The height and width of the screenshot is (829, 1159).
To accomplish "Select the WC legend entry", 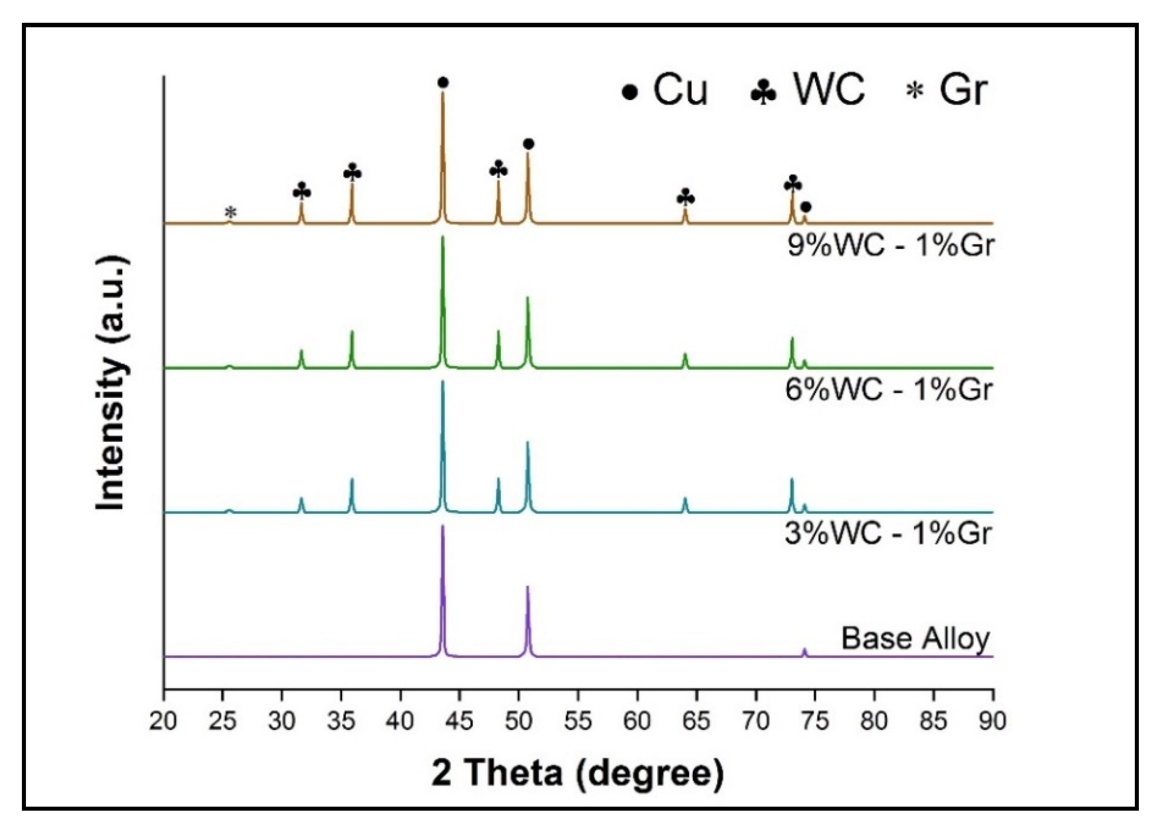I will point(807,90).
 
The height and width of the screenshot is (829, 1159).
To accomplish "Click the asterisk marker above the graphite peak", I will point(231,212).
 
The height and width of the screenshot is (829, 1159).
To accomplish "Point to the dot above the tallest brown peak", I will point(443,83).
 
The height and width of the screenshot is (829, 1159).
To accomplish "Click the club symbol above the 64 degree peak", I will point(685,198).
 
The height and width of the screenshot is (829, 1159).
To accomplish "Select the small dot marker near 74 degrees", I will point(806,207).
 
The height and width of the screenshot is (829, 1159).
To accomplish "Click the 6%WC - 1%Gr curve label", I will point(888,390).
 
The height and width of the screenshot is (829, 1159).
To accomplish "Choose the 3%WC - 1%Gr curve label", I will point(888,534).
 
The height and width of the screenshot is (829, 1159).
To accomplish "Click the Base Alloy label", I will point(915,638).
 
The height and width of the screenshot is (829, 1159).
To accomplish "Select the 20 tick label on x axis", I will point(163,721).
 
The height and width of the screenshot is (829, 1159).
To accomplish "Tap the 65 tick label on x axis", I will point(696,721).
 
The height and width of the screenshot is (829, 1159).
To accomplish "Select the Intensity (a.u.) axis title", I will point(111,383).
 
